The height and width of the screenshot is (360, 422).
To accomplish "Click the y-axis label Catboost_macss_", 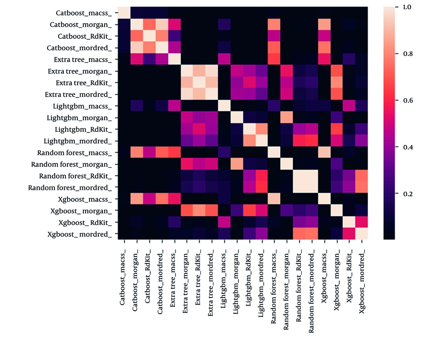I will [x=84, y=14].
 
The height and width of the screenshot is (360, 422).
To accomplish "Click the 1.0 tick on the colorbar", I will [x=405, y=8].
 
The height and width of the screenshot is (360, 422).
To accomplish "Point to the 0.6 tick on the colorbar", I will [x=405, y=100].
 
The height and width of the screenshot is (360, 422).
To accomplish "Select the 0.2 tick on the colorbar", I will [x=405, y=194].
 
